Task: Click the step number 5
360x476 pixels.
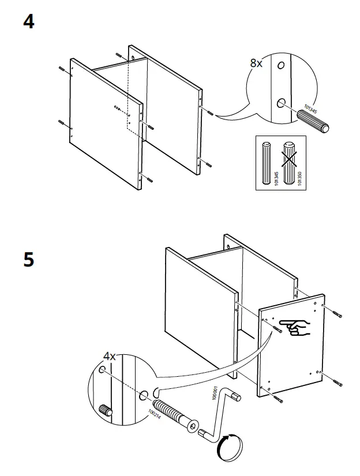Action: [28, 260]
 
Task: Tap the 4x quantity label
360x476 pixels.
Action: [109, 357]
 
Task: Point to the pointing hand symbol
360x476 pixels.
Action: [294, 326]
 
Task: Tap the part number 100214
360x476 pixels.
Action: [152, 410]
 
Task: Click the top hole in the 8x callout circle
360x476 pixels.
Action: [281, 66]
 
